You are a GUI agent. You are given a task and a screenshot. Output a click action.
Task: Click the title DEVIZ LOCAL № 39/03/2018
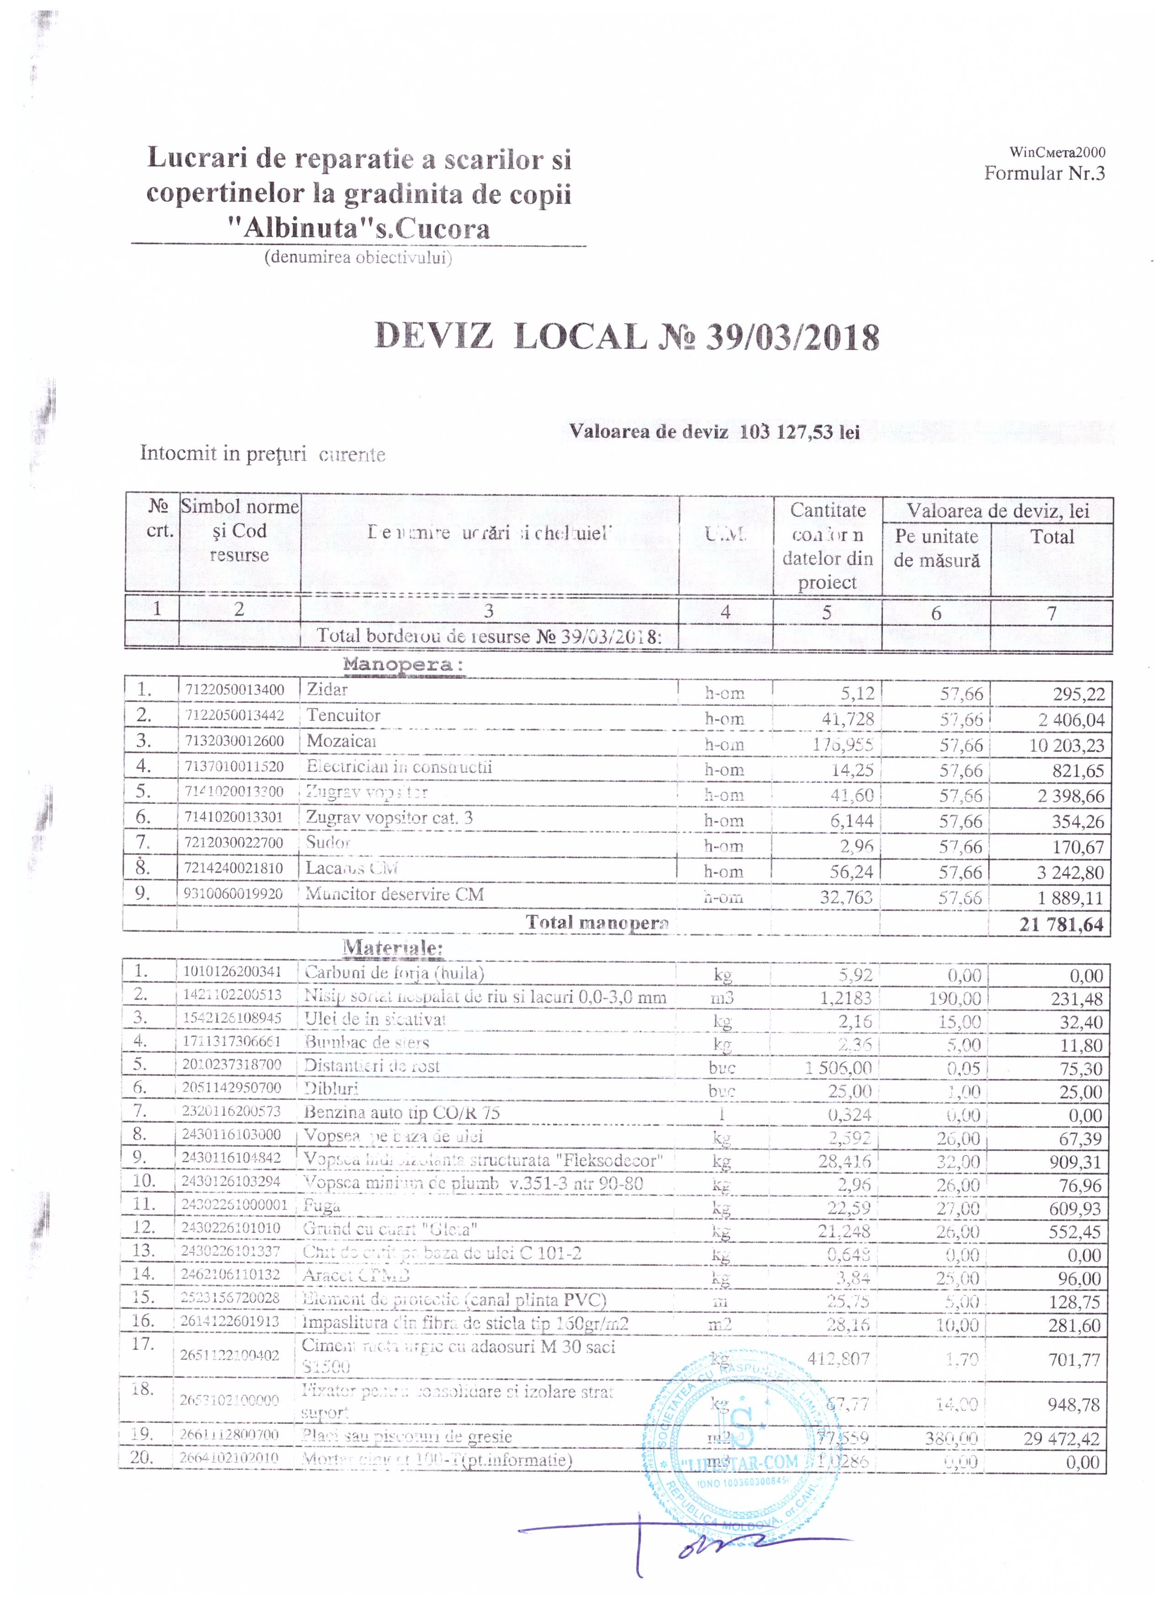tap(626, 337)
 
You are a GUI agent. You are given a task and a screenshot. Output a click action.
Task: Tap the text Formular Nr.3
tap(1044, 173)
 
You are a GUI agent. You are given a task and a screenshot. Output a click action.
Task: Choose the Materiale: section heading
tap(393, 947)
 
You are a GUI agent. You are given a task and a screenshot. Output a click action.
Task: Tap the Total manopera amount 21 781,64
tap(1061, 924)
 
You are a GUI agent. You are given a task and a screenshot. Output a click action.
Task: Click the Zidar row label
tap(327, 689)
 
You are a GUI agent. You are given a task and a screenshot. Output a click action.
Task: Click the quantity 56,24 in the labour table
tap(851, 872)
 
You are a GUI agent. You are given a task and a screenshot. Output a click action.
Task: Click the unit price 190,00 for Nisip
tap(955, 999)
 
